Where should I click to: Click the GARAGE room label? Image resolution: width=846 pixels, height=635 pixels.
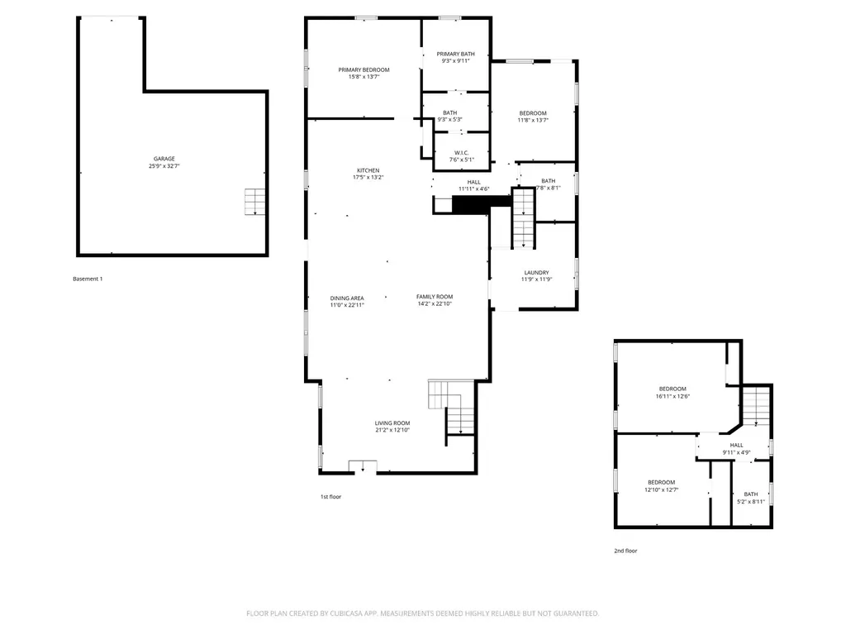pyautogui.click(x=164, y=159)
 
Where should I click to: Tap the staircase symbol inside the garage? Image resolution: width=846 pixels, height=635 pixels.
pyautogui.click(x=254, y=202)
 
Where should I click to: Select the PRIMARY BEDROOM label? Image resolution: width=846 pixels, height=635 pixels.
pyautogui.click(x=364, y=69)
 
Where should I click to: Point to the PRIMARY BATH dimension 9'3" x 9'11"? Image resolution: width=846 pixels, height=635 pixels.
pyautogui.click(x=455, y=61)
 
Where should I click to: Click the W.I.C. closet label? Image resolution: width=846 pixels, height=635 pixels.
pyautogui.click(x=461, y=153)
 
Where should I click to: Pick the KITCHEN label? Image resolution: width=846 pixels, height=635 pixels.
pyautogui.click(x=368, y=170)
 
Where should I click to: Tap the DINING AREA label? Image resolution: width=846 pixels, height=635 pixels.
pyautogui.click(x=347, y=298)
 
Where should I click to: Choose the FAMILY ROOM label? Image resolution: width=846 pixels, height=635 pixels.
pyautogui.click(x=435, y=297)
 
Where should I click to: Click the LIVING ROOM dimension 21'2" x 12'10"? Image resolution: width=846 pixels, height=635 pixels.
pyautogui.click(x=392, y=430)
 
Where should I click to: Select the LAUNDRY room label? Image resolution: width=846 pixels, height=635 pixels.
pyautogui.click(x=536, y=273)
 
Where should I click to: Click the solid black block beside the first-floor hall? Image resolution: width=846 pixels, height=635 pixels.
pyautogui.click(x=482, y=203)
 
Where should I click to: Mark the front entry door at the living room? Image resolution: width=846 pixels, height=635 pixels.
pyautogui.click(x=363, y=466)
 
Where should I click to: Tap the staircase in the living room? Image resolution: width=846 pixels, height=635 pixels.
pyautogui.click(x=452, y=407)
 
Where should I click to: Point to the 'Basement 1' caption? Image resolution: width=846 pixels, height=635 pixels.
pyautogui.click(x=88, y=279)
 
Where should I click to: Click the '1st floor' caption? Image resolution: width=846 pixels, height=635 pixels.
pyautogui.click(x=330, y=497)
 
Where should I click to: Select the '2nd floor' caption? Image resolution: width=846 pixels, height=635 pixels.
pyautogui.click(x=625, y=551)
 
